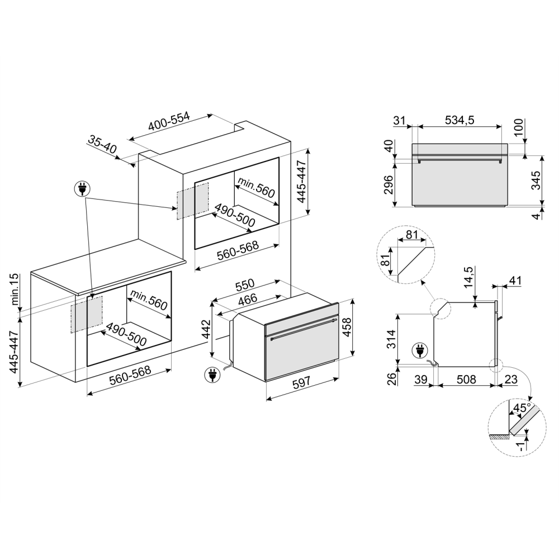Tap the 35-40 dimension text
click(102, 145)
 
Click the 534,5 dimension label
click(459, 120)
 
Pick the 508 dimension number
click(466, 380)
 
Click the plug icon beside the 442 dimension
click(212, 374)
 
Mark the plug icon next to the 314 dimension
click(419, 350)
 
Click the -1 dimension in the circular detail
click(521, 444)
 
